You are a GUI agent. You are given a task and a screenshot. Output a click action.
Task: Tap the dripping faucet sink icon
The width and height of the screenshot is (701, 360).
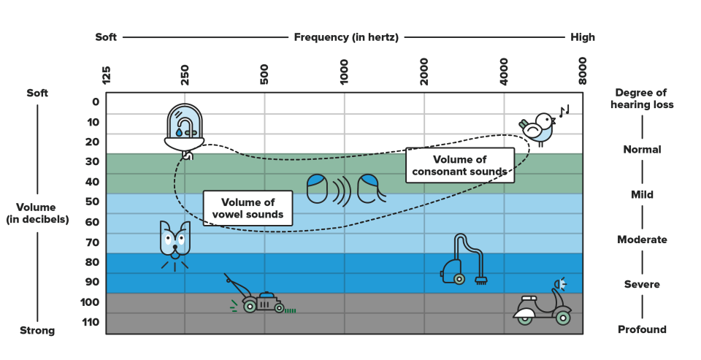pos(184,131)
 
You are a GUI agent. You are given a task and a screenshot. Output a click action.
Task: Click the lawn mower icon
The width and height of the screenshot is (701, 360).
pos(259,296)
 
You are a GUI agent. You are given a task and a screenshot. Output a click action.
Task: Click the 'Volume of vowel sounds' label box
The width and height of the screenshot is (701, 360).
pos(248,208)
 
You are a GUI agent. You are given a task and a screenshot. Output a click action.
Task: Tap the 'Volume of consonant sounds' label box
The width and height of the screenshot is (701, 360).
pos(460,166)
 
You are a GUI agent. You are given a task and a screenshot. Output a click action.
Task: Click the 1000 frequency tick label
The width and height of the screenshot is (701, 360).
pos(344,72)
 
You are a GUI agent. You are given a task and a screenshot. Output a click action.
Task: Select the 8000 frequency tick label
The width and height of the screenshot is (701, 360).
pos(582,71)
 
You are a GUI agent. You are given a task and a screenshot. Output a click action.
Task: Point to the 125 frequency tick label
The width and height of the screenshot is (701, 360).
pos(106,75)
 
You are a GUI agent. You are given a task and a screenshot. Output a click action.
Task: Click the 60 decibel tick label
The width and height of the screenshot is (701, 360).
pos(93,222)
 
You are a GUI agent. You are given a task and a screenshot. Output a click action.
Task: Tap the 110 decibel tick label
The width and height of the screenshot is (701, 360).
pos(91,322)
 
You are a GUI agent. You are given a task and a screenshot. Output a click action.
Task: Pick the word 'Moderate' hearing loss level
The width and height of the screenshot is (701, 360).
pos(642,240)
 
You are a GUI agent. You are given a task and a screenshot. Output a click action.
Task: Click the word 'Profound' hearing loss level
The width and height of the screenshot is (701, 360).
pos(642,329)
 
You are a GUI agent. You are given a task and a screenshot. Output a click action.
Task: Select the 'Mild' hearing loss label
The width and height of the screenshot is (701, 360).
pos(642,194)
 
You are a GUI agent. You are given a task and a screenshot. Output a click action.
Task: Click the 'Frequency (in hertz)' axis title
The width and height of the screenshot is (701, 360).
pos(346,37)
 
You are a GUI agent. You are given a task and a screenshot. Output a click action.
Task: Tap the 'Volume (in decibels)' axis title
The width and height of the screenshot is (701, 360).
pos(37,213)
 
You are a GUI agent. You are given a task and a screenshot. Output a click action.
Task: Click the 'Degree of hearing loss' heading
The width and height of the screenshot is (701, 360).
pos(642,99)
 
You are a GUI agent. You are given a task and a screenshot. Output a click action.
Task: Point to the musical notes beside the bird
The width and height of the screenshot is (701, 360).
pos(564,110)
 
